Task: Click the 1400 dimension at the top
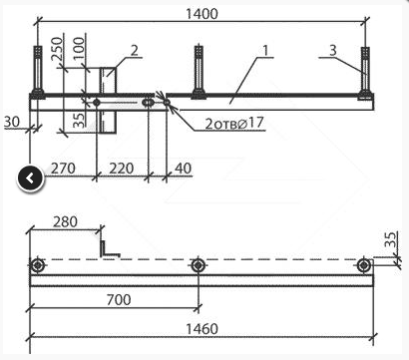click(202, 14)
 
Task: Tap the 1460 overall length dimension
click(202, 329)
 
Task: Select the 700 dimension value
click(119, 300)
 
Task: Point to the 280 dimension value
click(65, 221)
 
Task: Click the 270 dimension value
click(63, 169)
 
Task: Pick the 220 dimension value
click(122, 169)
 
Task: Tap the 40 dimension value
click(183, 169)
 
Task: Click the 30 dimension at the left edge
click(12, 122)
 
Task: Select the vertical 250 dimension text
click(57, 49)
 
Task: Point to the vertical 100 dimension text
click(79, 49)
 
